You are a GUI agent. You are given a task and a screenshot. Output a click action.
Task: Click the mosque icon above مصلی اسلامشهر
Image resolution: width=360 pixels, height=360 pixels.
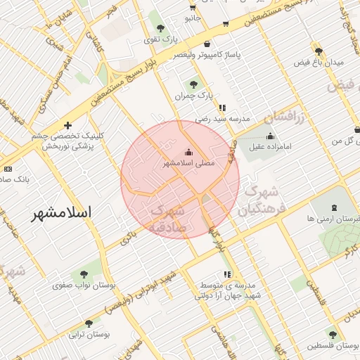[188, 151]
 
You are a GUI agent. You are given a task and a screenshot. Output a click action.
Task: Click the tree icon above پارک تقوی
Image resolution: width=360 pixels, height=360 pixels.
[161, 27]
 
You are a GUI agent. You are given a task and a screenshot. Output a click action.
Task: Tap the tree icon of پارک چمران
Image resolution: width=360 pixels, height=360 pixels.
[193, 84]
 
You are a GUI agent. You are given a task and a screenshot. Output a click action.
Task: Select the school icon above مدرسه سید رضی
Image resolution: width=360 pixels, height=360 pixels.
[222, 108]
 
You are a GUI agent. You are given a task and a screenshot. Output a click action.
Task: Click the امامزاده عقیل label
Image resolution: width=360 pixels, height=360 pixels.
[271, 148]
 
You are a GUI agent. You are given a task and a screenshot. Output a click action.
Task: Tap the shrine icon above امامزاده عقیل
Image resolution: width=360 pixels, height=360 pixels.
[271, 136]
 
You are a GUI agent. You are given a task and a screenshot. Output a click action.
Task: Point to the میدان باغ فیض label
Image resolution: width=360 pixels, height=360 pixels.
[319, 63]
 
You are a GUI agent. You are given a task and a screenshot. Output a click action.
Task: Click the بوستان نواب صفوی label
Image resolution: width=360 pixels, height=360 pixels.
[85, 285]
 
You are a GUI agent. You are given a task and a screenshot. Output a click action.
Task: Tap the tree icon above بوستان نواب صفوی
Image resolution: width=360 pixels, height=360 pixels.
[84, 274]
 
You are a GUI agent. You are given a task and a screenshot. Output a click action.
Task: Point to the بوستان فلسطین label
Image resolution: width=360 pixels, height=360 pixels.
[333, 347]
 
